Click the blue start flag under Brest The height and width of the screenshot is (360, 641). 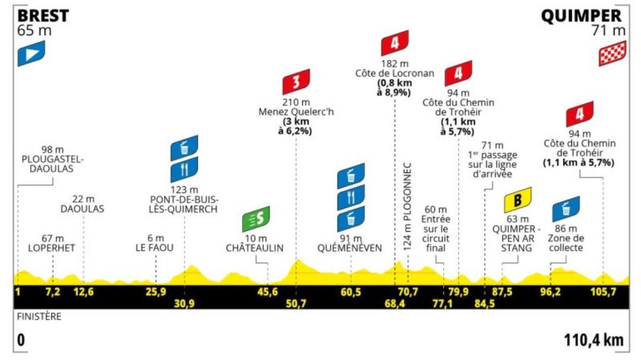[31, 53]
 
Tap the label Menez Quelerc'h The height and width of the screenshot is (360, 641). [296, 112]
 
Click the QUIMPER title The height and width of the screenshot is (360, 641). [582, 15]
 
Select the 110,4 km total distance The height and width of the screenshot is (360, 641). [592, 340]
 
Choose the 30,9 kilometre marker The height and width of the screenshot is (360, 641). [184, 303]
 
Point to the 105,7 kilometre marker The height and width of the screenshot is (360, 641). [603, 291]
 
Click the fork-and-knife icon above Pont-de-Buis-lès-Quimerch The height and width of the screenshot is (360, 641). [183, 171]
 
